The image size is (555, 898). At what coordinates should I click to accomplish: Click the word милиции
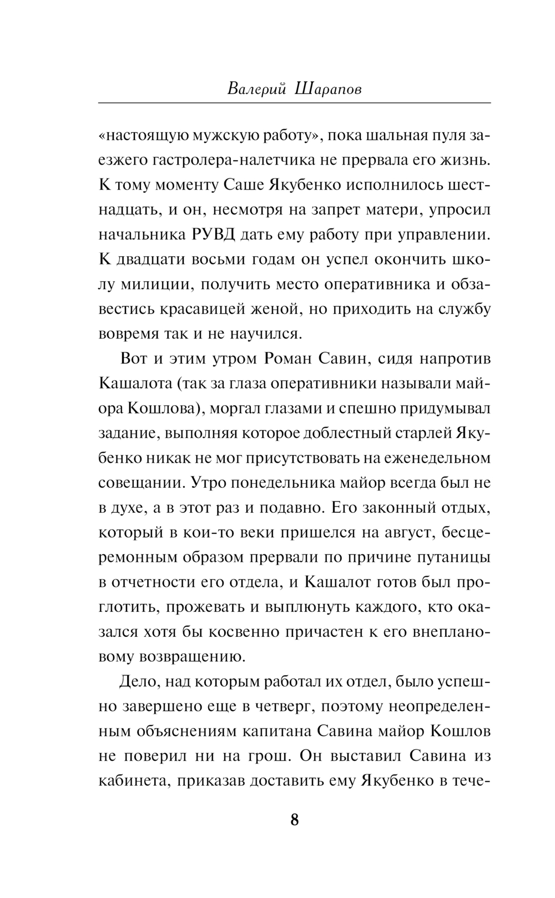pyautogui.click(x=148, y=285)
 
